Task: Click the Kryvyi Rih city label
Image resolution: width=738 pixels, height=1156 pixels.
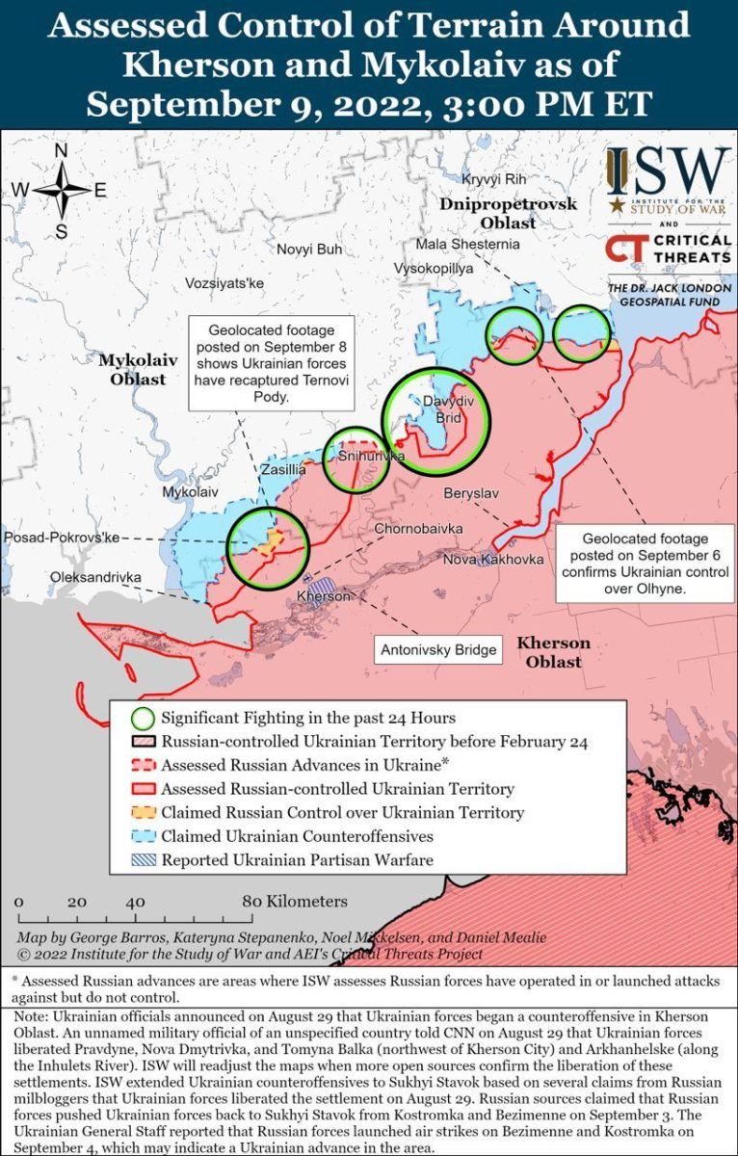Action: [x=494, y=180]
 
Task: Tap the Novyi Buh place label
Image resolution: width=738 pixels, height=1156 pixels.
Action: [x=309, y=250]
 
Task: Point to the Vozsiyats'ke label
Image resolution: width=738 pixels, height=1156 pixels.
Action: [x=224, y=283]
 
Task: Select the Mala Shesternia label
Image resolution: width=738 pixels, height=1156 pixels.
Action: [x=468, y=245]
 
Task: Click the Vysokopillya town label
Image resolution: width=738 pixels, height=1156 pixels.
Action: [x=435, y=269]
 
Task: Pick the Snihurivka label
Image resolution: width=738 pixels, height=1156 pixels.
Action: [x=372, y=457]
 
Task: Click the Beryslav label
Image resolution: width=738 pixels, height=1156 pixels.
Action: [x=471, y=493]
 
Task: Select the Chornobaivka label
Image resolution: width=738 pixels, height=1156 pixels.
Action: [x=418, y=530]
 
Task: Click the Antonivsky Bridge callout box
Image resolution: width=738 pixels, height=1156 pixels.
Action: [x=439, y=650]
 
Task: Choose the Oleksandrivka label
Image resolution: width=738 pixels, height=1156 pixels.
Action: [x=95, y=577]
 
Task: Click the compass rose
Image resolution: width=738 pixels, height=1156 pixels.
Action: [x=61, y=190]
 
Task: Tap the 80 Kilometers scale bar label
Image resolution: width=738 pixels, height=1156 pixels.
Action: [x=295, y=903]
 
